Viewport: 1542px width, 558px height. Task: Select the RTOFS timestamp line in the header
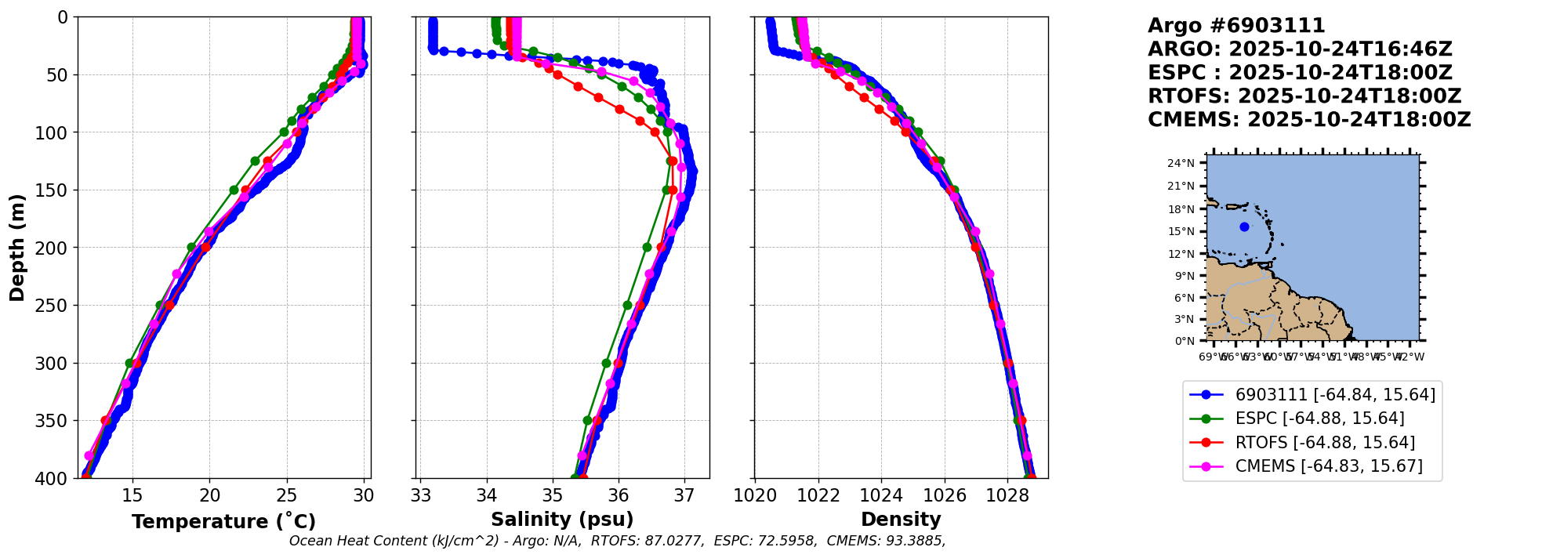1304,96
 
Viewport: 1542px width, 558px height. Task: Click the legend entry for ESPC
1319,418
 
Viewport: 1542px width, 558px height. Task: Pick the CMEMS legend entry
1328,466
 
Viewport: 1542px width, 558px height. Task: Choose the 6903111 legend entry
1335,395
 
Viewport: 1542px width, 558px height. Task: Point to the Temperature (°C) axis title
223,521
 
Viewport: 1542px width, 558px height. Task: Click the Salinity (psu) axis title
562,520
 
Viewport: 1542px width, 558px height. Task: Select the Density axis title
901,520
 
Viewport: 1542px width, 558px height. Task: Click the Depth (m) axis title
17,247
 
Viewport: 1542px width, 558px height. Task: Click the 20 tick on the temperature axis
209,496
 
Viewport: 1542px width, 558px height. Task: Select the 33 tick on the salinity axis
421,496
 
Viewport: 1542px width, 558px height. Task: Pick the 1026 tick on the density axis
945,496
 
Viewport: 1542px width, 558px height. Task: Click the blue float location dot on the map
1244,226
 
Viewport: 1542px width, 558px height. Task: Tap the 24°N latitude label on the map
1181,164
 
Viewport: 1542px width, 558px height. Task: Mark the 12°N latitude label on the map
1181,254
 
